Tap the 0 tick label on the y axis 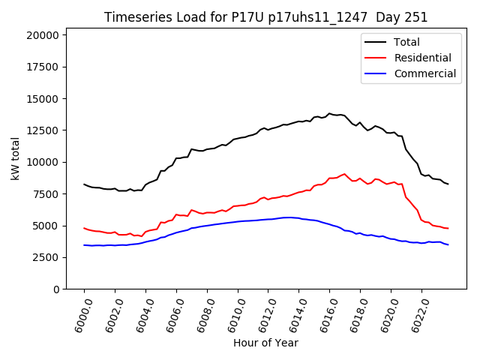[56, 289]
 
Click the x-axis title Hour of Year [265, 343]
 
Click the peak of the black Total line [329, 113]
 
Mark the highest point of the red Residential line [344, 174]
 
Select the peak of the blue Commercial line [287, 217]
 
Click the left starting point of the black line [84, 184]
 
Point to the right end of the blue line [448, 244]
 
